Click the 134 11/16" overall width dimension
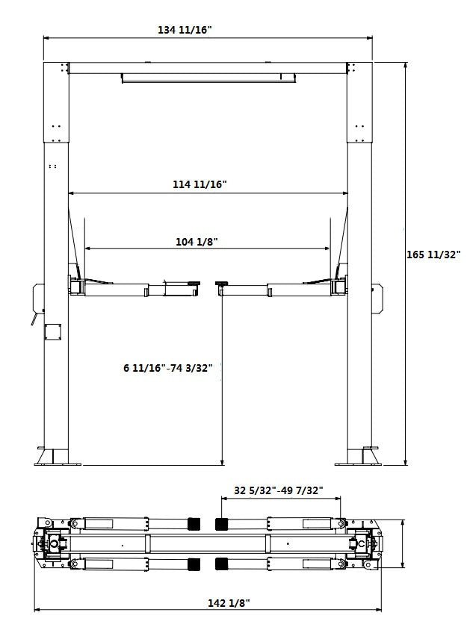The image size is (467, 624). click(185, 30)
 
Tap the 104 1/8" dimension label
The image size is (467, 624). click(197, 241)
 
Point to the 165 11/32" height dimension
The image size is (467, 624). click(433, 255)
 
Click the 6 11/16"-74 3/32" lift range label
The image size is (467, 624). click(169, 367)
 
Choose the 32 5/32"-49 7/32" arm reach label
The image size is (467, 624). click(278, 490)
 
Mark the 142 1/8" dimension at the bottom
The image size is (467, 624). click(225, 602)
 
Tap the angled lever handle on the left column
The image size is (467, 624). click(34, 319)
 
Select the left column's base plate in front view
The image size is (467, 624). click(56, 458)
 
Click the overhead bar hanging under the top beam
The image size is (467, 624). click(208, 78)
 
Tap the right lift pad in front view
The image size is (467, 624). click(222, 283)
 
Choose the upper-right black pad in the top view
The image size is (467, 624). click(222, 523)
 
